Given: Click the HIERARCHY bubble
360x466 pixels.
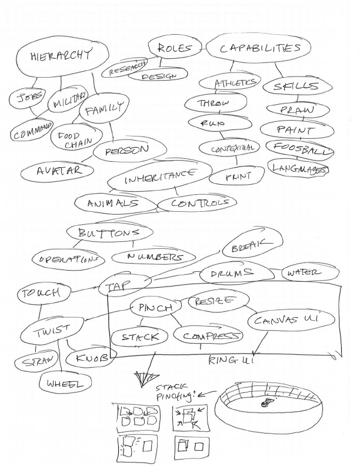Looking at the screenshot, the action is [x=62, y=58].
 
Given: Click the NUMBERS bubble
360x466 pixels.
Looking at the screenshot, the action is [x=154, y=257].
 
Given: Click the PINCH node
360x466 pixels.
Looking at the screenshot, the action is [x=155, y=308].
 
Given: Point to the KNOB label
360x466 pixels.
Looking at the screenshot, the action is [x=89, y=357].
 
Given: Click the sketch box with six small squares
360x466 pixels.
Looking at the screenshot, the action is [x=135, y=416].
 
